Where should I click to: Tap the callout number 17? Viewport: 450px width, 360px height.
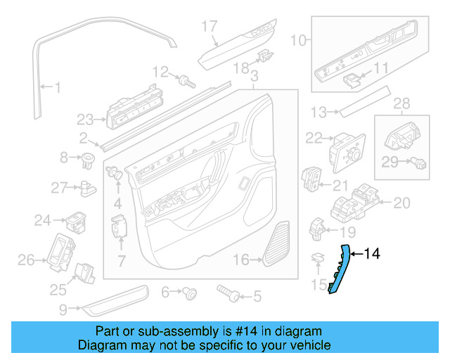210,27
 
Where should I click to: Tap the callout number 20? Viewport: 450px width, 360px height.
401,203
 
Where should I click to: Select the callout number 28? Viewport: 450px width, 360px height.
400,104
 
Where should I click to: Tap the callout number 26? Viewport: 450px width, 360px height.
26,261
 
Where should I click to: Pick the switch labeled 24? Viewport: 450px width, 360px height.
75,221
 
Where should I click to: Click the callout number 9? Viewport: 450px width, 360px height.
63,307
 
